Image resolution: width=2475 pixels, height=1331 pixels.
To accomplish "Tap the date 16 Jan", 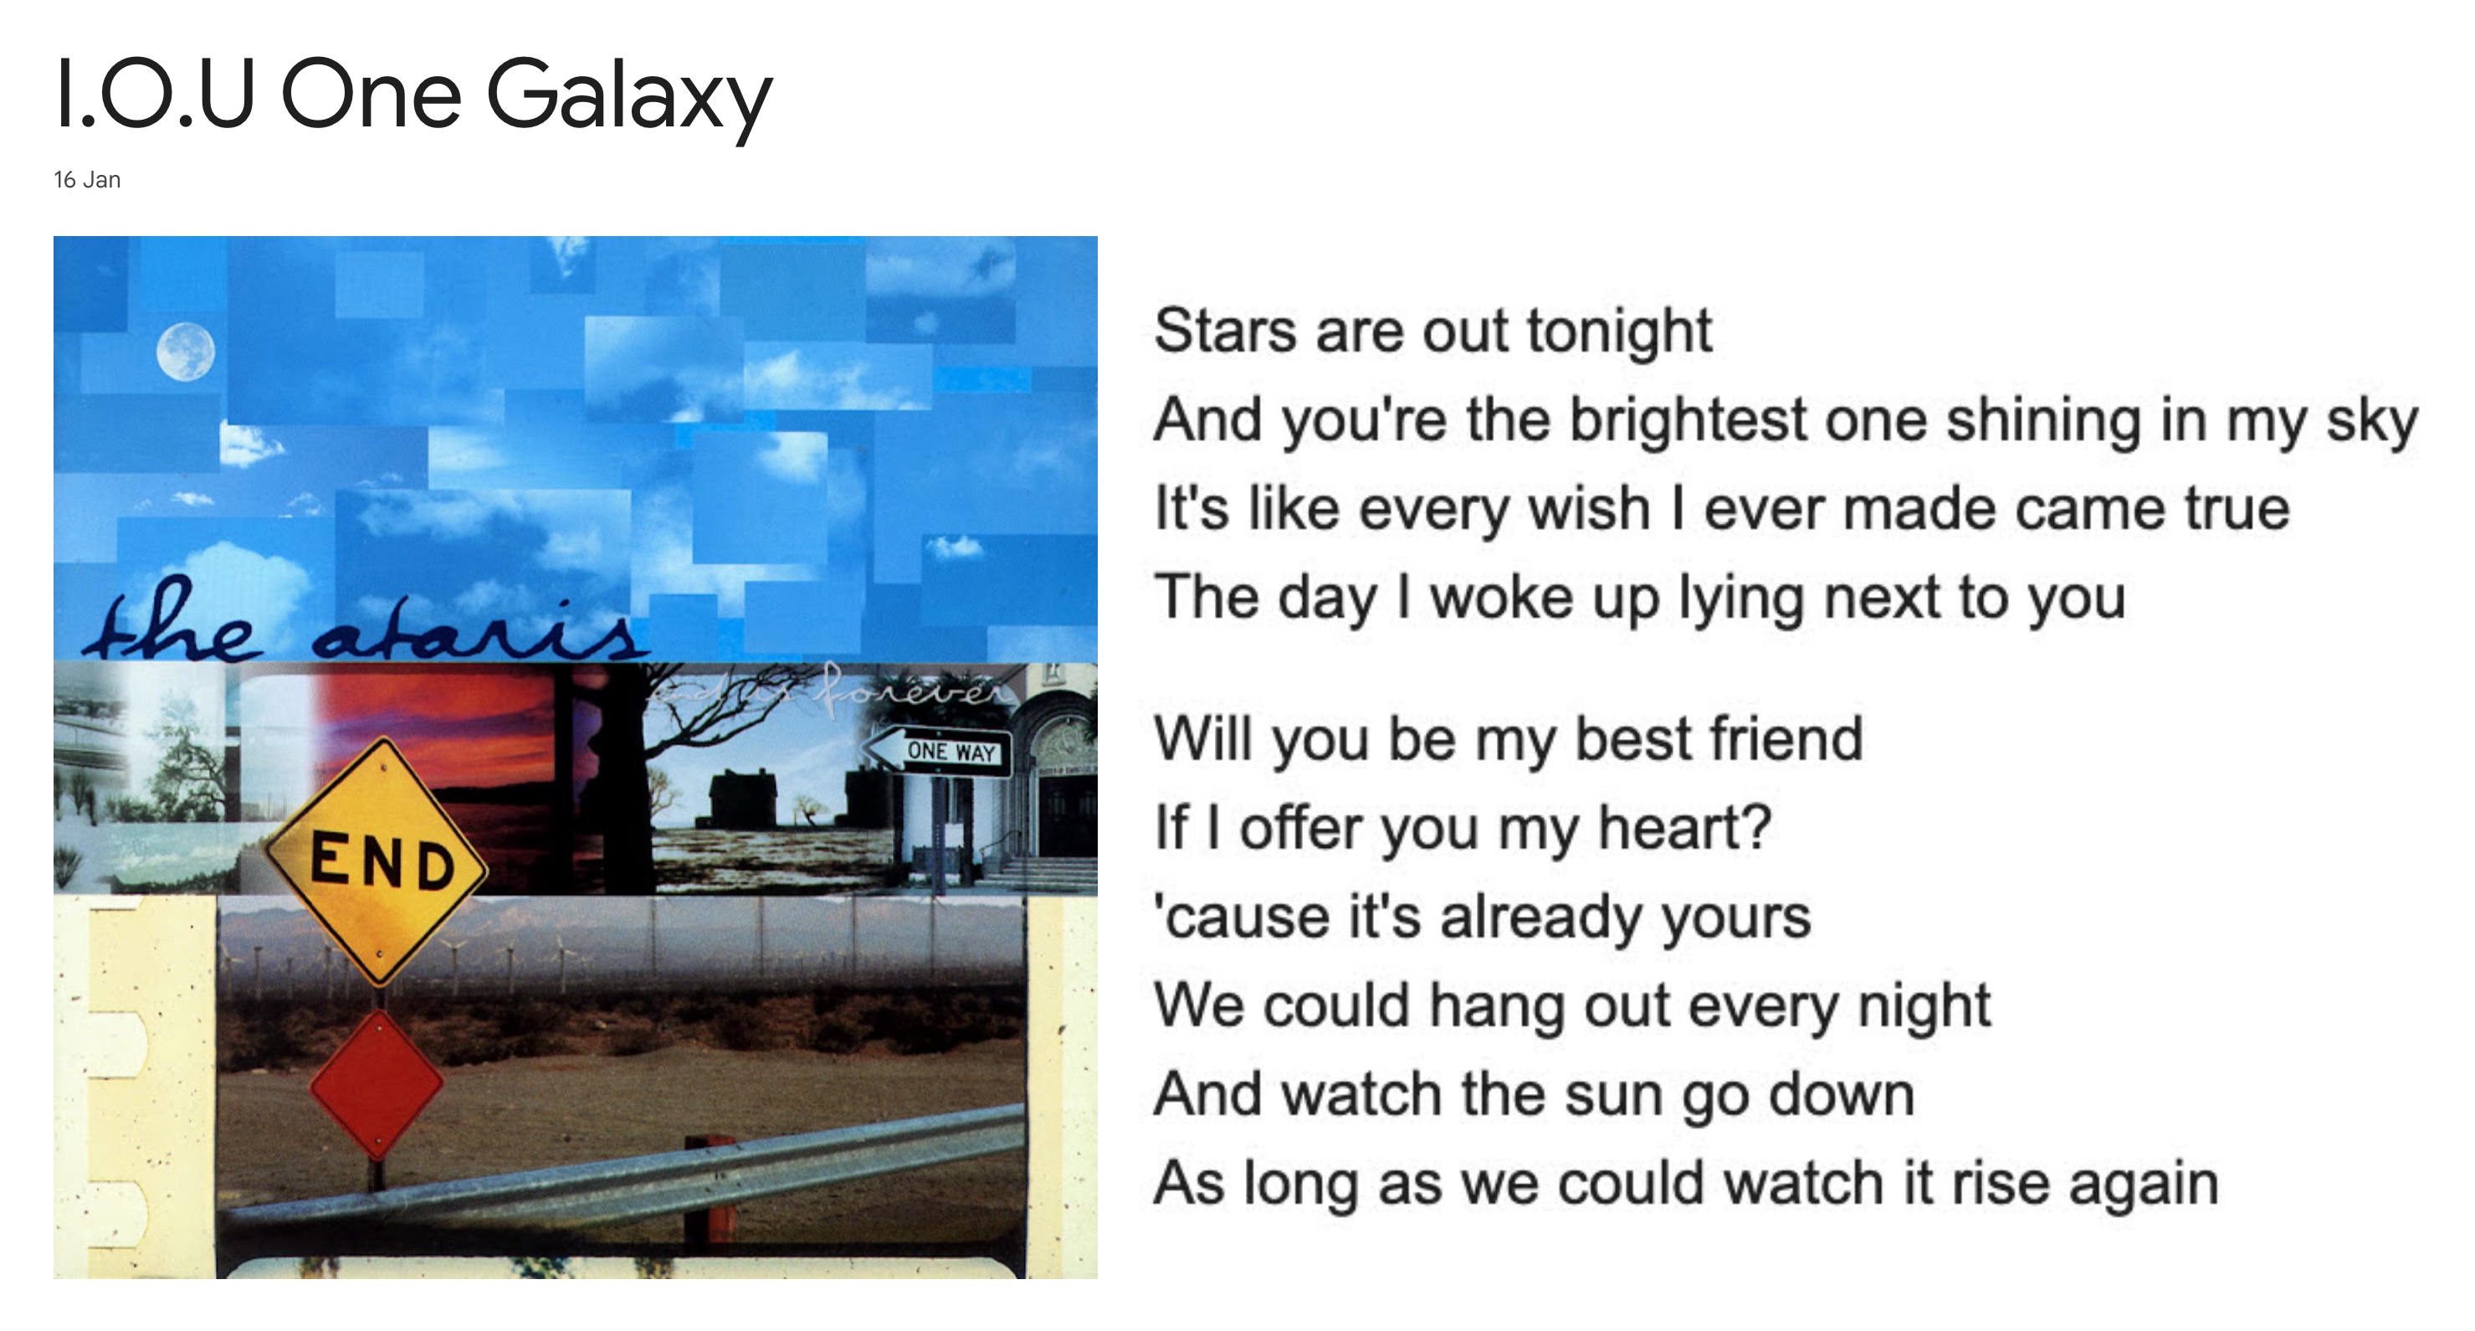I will (86, 181).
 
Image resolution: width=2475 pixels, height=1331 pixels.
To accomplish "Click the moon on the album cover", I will (186, 352).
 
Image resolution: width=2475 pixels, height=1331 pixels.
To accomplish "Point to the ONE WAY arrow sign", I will (938, 752).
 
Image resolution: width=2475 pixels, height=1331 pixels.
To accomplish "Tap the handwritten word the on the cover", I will (173, 630).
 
